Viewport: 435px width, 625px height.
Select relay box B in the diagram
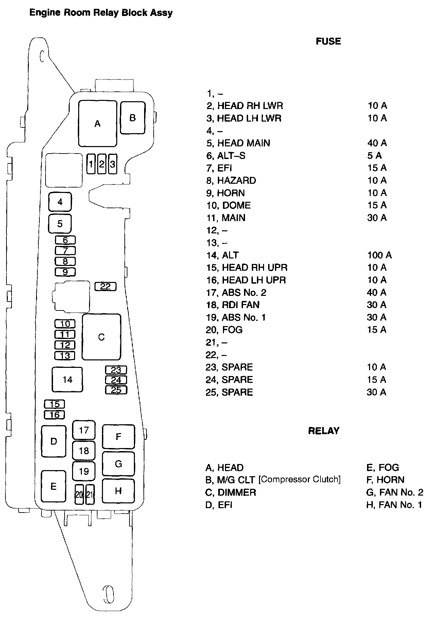(133, 118)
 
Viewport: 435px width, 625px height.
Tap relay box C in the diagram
(101, 337)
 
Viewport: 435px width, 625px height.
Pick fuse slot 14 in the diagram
(67, 379)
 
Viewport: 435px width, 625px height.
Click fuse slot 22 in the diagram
(105, 286)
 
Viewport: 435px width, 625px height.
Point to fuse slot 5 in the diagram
(60, 224)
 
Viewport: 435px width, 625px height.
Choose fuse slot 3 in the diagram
(112, 164)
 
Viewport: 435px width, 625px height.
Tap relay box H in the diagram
(118, 491)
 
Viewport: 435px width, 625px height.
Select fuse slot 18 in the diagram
(84, 451)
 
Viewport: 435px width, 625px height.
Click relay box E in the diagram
(53, 486)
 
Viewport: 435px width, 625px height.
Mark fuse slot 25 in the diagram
(116, 390)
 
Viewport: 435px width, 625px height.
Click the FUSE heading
(328, 41)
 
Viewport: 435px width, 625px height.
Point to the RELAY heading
(324, 431)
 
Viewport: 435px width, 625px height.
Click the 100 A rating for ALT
(379, 255)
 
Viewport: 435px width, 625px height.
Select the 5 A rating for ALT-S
(374, 156)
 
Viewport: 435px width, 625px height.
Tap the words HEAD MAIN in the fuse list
(244, 143)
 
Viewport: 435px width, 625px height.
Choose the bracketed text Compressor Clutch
(299, 479)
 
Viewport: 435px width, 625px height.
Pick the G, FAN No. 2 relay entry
(395, 492)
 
